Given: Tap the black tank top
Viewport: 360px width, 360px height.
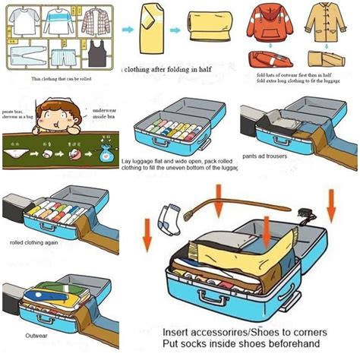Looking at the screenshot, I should pyautogui.click(x=95, y=55).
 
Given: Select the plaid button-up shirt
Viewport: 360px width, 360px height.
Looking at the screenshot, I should pyautogui.click(x=93, y=20).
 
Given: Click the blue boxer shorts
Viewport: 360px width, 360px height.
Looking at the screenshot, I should pyautogui.click(x=59, y=55).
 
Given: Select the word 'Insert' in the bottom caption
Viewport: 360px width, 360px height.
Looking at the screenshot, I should pyautogui.click(x=181, y=333).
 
